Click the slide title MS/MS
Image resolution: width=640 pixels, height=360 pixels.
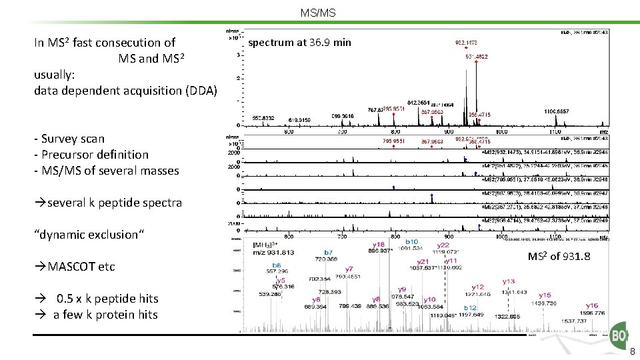[x=318, y=13]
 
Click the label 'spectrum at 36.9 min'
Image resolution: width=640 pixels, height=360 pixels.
[x=299, y=43]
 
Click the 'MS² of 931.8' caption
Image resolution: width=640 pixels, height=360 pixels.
[x=559, y=257]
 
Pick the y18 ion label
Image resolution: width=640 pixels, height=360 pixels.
[x=378, y=245]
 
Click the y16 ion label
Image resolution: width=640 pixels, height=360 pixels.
[x=592, y=306]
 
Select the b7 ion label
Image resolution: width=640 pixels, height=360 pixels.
[x=328, y=252]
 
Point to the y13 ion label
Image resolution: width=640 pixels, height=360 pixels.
[x=509, y=281]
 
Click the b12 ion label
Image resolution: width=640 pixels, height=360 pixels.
[x=471, y=307]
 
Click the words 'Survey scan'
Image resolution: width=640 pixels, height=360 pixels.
[x=73, y=139]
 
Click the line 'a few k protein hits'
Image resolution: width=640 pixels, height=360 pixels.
[x=105, y=314]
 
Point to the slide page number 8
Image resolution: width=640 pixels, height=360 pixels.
[x=632, y=352]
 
